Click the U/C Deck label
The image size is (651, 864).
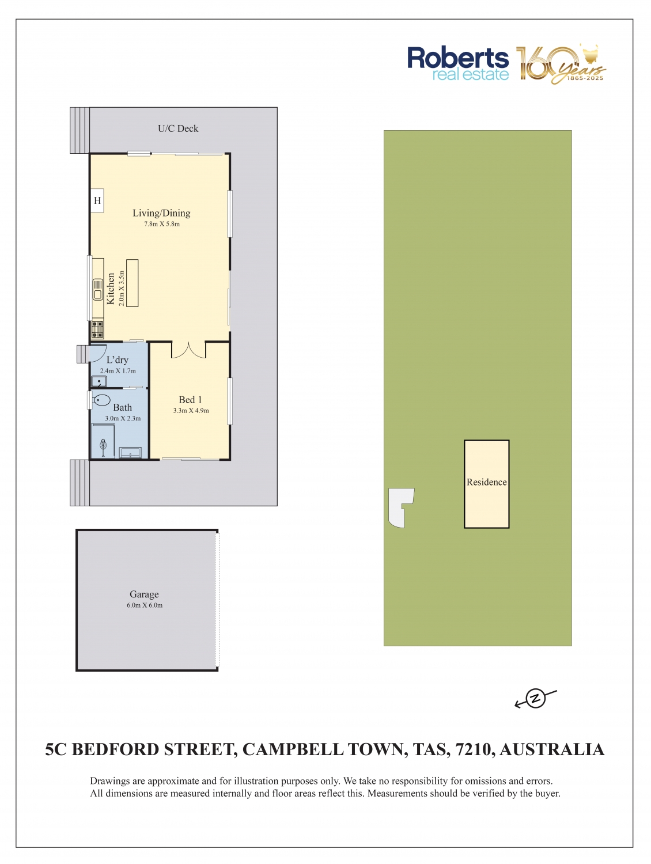click(178, 128)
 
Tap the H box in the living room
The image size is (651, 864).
click(97, 200)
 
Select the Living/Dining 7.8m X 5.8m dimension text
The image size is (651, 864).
click(162, 223)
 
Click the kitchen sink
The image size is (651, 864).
click(98, 289)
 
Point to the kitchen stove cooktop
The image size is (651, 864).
click(97, 329)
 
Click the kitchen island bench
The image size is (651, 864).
click(133, 283)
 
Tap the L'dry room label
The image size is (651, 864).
click(118, 359)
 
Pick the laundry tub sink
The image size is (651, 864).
click(99, 381)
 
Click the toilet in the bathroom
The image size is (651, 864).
click(101, 400)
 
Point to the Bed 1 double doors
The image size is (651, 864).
click(188, 350)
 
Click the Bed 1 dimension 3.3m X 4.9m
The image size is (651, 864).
click(191, 410)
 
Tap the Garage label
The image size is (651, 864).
click(144, 594)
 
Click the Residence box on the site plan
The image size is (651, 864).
click(486, 484)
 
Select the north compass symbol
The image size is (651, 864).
click(536, 698)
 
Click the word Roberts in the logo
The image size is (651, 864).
click(458, 58)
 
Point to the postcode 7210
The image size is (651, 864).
click(474, 749)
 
